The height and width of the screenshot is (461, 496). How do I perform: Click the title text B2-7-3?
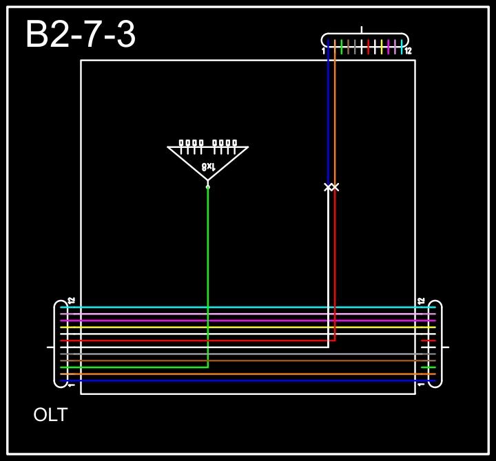click(81, 34)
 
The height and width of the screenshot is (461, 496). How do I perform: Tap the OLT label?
click(50, 415)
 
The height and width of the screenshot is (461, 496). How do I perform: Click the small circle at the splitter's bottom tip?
click(208, 186)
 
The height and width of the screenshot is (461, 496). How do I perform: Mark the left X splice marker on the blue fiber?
click(328, 187)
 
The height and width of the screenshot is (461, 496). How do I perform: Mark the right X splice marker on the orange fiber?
click(335, 187)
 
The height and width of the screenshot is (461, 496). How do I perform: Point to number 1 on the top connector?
click(323, 51)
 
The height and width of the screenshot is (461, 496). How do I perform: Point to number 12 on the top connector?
click(408, 51)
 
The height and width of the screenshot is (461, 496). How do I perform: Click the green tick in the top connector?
click(342, 47)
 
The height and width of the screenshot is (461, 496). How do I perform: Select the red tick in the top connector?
click(369, 47)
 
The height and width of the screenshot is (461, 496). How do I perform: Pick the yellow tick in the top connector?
click(382, 47)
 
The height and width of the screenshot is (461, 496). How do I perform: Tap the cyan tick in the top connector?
click(402, 47)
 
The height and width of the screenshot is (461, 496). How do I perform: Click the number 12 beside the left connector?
click(71, 301)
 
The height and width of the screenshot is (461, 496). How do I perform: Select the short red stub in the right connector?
click(428, 341)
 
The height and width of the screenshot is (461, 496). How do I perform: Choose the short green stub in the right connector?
click(428, 367)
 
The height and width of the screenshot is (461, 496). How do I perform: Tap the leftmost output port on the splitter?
click(181, 143)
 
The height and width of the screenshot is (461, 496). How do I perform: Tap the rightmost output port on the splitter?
click(235, 143)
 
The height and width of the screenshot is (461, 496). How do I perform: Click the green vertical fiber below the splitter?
click(208, 275)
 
